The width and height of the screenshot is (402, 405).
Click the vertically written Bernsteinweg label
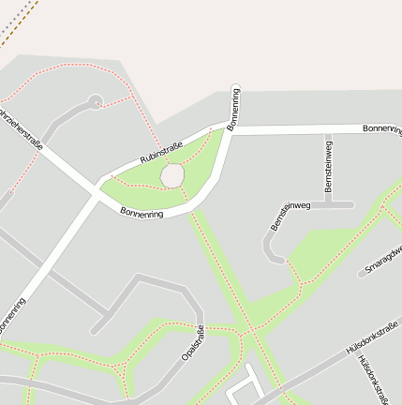coord(328,167)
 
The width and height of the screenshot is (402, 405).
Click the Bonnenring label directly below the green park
coord(141,213)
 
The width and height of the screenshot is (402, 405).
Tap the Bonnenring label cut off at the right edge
coord(382,127)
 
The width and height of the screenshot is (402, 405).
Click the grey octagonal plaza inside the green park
coord(171,175)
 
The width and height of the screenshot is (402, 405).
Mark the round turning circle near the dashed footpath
coord(95,99)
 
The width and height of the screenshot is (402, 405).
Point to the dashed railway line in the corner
coord(19,21)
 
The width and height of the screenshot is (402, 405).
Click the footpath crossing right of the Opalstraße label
coord(250,330)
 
